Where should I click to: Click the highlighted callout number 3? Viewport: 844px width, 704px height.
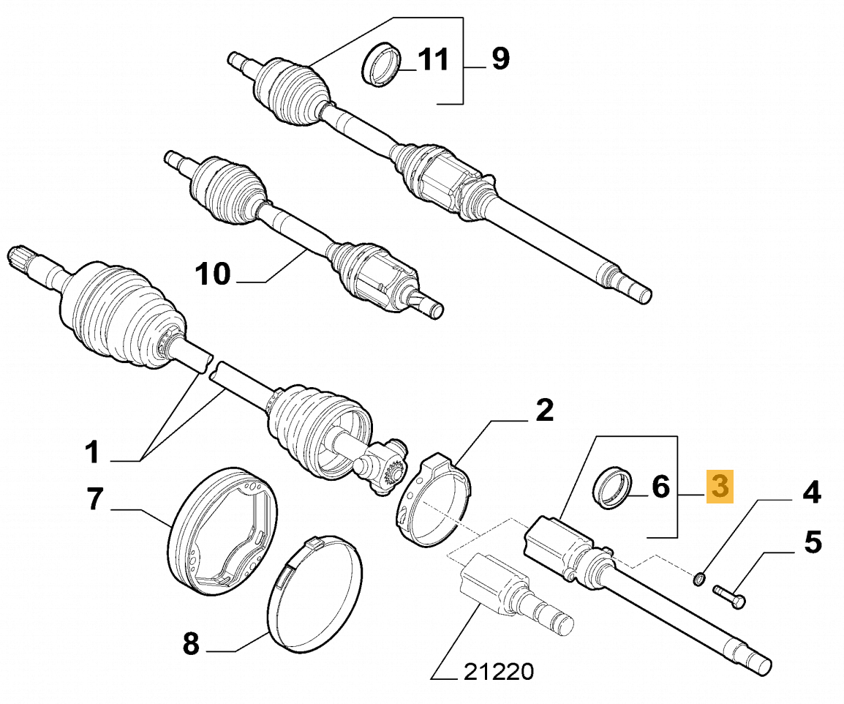(720, 487)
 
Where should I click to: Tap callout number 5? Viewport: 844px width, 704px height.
(813, 544)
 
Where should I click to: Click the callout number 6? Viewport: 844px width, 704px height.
(660, 486)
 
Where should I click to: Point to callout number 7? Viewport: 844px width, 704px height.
(94, 498)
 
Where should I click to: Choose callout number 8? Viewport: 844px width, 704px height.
(189, 644)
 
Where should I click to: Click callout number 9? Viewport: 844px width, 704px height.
(500, 59)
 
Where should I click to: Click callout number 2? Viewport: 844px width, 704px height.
(544, 411)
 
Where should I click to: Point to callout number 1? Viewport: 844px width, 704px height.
(91, 453)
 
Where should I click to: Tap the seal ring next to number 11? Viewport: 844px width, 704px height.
(382, 66)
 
